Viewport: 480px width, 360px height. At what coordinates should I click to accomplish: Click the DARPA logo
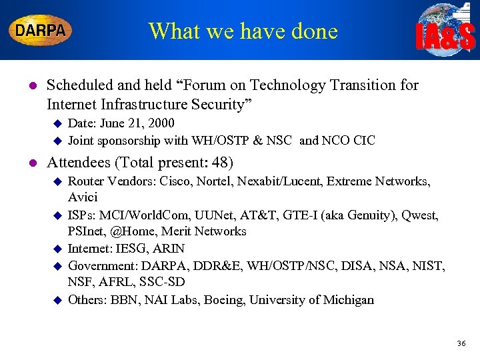click(x=41, y=30)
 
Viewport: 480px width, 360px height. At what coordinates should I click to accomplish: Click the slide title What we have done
click(x=243, y=31)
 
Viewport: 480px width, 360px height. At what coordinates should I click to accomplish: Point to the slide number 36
click(x=461, y=343)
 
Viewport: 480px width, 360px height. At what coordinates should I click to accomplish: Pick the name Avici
click(x=83, y=197)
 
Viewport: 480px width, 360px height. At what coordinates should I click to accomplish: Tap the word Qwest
click(x=421, y=215)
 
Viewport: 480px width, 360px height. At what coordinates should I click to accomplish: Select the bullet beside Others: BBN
click(x=57, y=300)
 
